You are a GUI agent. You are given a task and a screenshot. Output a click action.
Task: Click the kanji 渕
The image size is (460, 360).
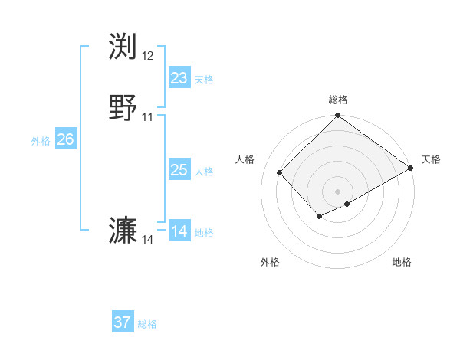(123, 47)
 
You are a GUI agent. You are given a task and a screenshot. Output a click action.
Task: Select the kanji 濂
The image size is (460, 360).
(123, 231)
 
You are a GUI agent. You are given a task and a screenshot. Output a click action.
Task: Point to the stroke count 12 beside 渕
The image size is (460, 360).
(148, 56)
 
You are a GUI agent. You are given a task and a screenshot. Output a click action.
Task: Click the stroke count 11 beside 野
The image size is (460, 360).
(148, 117)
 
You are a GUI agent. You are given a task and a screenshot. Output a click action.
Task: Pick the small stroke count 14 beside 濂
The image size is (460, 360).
(148, 240)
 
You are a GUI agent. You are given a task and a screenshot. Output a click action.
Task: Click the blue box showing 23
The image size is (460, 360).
(179, 78)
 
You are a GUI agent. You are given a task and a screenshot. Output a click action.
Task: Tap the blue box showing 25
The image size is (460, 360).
(179, 170)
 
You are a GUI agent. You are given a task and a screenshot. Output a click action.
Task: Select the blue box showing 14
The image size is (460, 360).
(179, 231)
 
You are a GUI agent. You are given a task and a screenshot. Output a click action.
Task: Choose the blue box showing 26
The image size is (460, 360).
(65, 139)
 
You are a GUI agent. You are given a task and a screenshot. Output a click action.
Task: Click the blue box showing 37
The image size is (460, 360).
(123, 322)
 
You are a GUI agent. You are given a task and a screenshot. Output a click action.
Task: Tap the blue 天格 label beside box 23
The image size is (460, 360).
(204, 80)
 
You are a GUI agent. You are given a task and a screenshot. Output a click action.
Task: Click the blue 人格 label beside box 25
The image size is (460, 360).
(204, 172)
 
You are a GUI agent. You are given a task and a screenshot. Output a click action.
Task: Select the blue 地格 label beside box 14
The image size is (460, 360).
(204, 233)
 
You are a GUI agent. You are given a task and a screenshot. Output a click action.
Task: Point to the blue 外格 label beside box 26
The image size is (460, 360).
(41, 141)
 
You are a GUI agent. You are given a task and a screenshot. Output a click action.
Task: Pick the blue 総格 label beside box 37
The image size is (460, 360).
(148, 324)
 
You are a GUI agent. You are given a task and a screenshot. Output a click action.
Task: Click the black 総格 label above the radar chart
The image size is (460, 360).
(338, 100)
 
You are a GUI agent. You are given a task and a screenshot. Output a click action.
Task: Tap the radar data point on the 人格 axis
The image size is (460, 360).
(280, 172)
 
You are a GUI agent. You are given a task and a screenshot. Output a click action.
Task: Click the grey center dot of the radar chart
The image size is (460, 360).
(338, 191)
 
